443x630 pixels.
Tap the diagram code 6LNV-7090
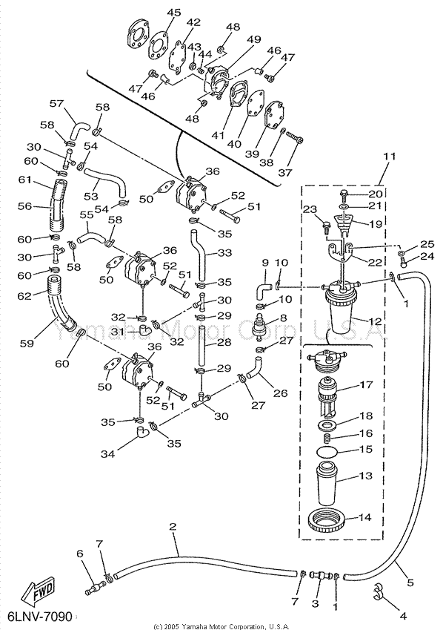(x=39, y=617)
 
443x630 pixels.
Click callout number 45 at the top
(x=174, y=13)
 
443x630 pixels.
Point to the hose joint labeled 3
(x=320, y=576)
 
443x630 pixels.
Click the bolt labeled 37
(x=295, y=138)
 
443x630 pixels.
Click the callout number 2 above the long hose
(x=173, y=526)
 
